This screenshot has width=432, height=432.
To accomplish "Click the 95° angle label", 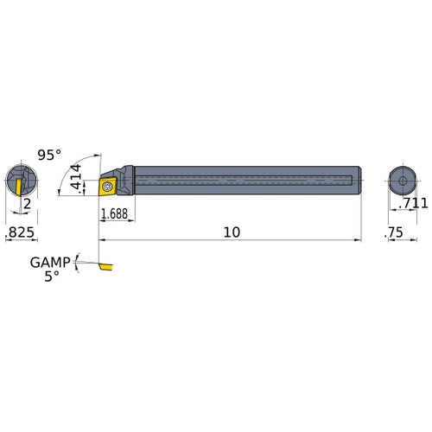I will click(x=49, y=155).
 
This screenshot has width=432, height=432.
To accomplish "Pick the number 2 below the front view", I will click(x=27, y=203).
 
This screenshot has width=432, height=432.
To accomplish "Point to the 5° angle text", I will click(x=52, y=276).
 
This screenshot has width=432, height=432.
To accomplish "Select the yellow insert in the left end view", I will click(x=17, y=183).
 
